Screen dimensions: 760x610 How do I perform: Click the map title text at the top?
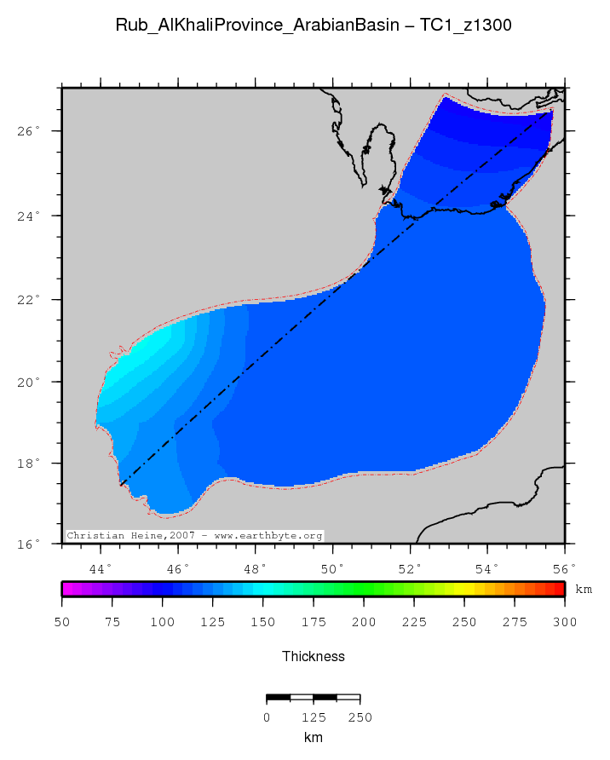pyautogui.click(x=313, y=26)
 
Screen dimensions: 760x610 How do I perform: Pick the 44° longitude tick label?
pyautogui.click(x=101, y=568)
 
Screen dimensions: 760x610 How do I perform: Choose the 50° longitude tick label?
pyautogui.click(x=332, y=568)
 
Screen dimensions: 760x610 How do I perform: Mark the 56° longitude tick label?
pyautogui.click(x=564, y=568)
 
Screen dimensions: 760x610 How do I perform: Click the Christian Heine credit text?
pyautogui.click(x=195, y=536)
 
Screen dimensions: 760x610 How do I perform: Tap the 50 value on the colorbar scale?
pyautogui.click(x=62, y=623)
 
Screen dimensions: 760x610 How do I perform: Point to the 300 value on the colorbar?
pyautogui.click(x=564, y=623)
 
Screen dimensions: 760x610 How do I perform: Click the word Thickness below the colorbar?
pyautogui.click(x=313, y=656)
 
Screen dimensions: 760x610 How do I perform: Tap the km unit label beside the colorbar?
pyautogui.click(x=584, y=589)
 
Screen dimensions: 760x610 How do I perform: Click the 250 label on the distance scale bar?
pyautogui.click(x=360, y=717)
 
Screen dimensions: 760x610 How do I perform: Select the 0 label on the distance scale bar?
pyautogui.click(x=267, y=717)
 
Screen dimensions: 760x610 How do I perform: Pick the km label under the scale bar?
pyautogui.click(x=313, y=737)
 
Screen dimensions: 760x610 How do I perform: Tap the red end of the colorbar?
pyautogui.click(x=559, y=589)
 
